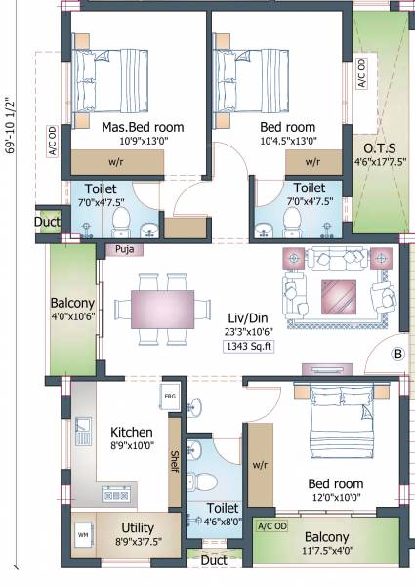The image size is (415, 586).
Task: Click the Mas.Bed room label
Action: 143,127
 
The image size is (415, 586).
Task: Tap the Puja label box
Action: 122,249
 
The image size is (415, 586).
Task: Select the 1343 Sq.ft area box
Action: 250,346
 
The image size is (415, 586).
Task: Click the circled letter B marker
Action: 397,354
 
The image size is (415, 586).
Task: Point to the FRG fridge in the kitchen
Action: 170,396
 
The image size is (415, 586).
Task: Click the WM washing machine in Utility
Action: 83,536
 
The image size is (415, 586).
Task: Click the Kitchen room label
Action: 132,432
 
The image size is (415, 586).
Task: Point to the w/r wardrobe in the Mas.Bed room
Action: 115,162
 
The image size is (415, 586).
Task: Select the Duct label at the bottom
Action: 215,561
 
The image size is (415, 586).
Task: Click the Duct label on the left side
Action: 46,222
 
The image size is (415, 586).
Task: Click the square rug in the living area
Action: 341,293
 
